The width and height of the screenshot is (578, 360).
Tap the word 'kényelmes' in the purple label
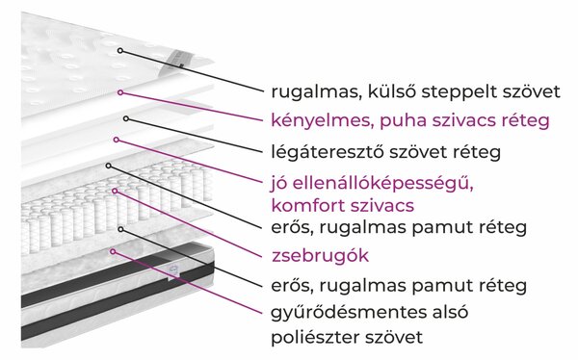(x=318, y=121)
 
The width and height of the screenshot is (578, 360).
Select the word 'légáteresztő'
(x=328, y=152)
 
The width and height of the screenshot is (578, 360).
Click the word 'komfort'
(x=307, y=205)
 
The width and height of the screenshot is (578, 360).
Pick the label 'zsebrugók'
(x=321, y=256)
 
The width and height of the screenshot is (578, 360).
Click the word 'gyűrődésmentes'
(x=342, y=313)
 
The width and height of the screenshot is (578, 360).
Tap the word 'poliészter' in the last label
(x=315, y=337)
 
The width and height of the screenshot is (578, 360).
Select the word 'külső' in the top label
(x=391, y=91)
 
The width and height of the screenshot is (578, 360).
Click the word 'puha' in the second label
(x=403, y=121)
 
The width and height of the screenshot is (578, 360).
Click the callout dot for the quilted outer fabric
(x=120, y=50)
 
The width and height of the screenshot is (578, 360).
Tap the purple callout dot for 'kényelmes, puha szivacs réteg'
(x=120, y=92)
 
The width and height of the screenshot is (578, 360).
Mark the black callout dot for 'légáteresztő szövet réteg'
(x=126, y=118)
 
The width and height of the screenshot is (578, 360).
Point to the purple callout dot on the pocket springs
(x=115, y=191)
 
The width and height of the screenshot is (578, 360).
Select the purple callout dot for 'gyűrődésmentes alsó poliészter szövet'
(x=113, y=251)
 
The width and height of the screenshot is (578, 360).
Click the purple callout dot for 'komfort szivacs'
(x=117, y=140)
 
